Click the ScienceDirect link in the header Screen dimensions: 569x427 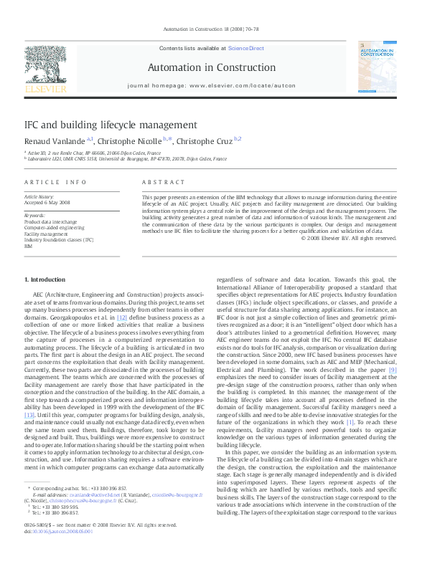pos(246,48)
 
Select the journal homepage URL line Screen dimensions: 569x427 pos(211,85)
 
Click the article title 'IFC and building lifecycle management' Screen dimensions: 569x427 pos(105,125)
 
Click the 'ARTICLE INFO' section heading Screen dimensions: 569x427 pos(56,182)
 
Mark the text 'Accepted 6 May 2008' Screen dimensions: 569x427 pos(47,202)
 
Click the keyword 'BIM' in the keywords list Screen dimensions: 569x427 pos(29,246)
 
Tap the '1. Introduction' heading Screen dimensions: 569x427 pos(44,279)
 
